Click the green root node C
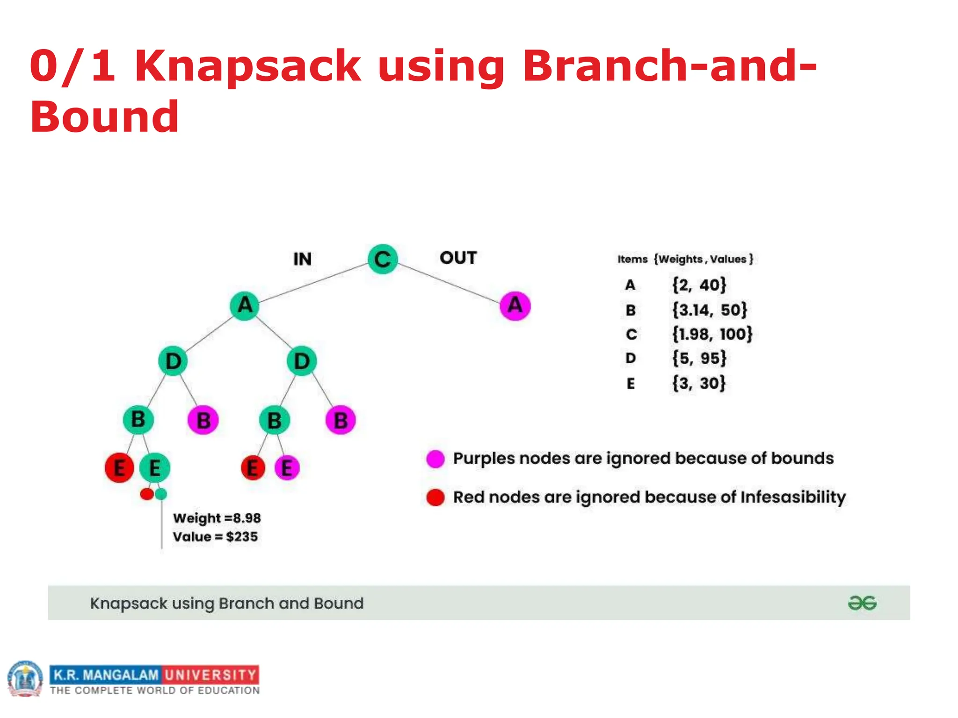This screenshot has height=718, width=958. (382, 258)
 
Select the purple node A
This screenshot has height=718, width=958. (515, 306)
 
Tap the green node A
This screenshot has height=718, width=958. (245, 306)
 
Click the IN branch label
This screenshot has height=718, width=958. (302, 259)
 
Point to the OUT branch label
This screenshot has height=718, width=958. (458, 258)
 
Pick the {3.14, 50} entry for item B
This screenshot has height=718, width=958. (710, 310)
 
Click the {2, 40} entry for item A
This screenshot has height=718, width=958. (699, 285)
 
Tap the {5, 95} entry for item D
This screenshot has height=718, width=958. (699, 359)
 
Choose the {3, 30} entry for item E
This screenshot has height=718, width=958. (699, 383)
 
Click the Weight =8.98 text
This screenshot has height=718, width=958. (217, 518)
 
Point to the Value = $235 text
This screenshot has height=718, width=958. (215, 537)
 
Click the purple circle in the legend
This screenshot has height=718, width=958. (435, 459)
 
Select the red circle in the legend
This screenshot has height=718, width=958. (435, 497)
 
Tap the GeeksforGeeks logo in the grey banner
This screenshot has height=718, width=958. (862, 603)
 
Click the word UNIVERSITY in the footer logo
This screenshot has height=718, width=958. (210, 675)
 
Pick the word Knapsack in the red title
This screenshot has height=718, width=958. (247, 66)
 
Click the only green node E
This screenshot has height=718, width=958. (155, 467)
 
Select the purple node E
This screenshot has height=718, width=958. (287, 467)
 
